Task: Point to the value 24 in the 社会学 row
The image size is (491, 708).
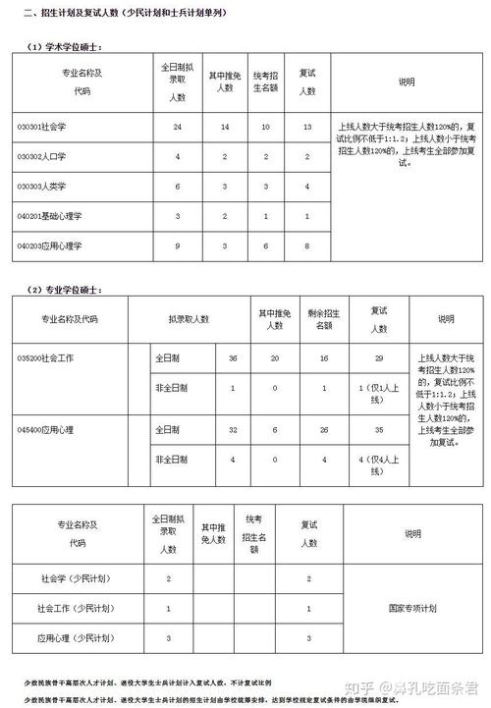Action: (x=178, y=128)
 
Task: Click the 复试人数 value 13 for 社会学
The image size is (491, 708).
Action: (x=307, y=128)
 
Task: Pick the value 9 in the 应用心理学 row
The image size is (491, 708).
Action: (x=178, y=245)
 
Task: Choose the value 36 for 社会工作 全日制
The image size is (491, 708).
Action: (x=233, y=357)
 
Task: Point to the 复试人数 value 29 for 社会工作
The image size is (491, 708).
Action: (x=378, y=357)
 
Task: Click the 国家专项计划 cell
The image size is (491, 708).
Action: (x=412, y=608)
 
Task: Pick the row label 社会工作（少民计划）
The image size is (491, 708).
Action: (x=75, y=609)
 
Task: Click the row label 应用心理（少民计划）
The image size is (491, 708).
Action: (x=75, y=638)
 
